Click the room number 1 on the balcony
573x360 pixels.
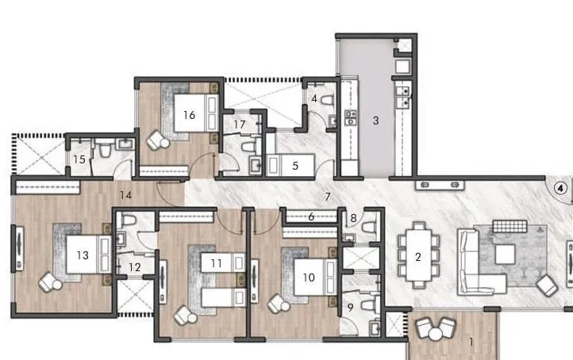[471, 343]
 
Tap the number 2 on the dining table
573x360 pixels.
[417, 256]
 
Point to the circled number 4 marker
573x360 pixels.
[560, 189]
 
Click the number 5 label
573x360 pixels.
[294, 166]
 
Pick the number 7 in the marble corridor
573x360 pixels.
[325, 195]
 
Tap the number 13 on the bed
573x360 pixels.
[311, 216]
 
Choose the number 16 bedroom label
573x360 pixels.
[353, 219]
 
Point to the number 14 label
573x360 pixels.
[216, 262]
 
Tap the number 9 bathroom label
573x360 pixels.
[82, 255]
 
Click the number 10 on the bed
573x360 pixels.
[79, 159]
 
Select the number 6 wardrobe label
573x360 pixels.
[188, 114]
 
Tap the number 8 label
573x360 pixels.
[240, 124]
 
